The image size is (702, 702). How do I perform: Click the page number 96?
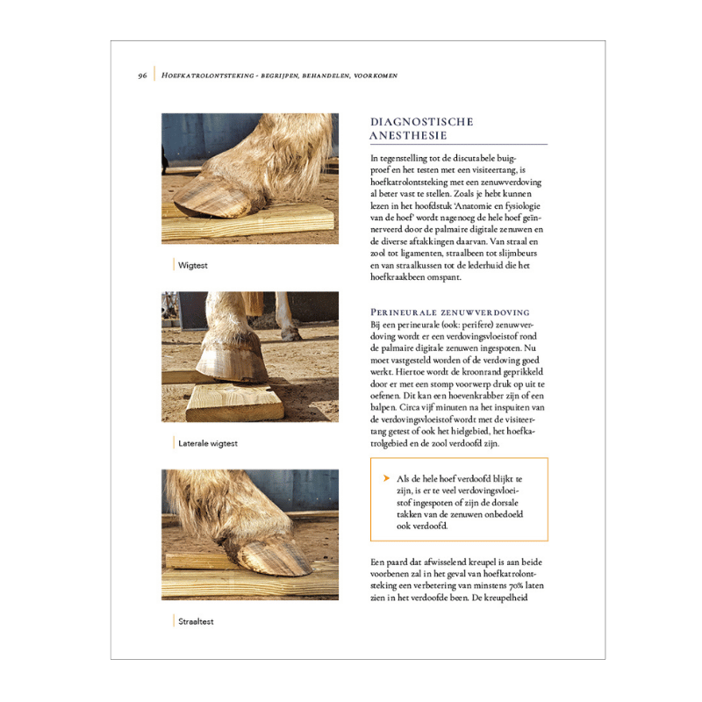142,75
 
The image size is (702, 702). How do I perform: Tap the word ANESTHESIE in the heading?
409,136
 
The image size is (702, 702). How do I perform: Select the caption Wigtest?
193,264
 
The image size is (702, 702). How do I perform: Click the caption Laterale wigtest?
208,443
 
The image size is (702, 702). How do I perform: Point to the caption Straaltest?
197,621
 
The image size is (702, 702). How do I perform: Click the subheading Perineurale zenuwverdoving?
450,312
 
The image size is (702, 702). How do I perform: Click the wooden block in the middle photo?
233,401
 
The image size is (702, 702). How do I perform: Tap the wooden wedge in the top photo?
254,225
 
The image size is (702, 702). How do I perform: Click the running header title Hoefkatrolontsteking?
206,75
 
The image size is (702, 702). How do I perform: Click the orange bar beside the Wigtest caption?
174,264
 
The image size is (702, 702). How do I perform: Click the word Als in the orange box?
404,478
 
